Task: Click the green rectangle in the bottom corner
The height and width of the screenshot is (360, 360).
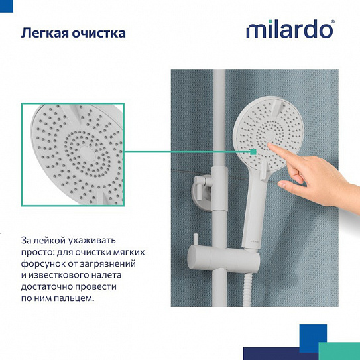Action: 339,351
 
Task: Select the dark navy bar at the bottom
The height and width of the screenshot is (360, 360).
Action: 278,353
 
